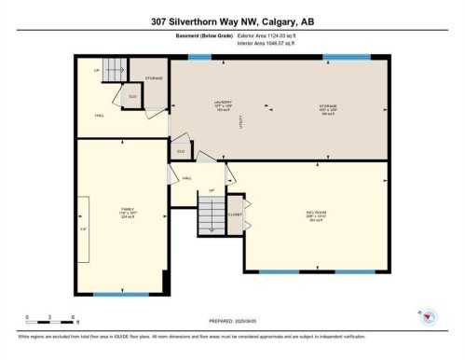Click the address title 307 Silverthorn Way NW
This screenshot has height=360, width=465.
(232, 21)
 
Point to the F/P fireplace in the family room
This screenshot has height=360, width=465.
(83, 228)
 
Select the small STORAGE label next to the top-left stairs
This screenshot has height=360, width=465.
(154, 77)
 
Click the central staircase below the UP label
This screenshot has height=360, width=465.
(211, 218)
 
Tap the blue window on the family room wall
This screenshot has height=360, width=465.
(120, 295)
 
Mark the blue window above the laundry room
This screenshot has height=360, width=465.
(199, 57)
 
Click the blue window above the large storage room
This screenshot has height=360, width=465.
(345, 57)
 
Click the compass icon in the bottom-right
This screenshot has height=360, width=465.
(430, 317)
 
